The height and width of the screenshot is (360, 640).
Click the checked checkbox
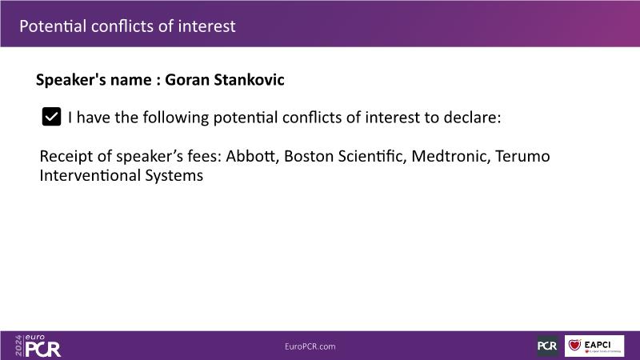(51, 117)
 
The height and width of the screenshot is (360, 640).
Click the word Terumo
(522, 156)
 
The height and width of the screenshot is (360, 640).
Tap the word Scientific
(372, 156)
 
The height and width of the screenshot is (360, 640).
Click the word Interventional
(90, 175)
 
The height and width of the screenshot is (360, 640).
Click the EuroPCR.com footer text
(310, 346)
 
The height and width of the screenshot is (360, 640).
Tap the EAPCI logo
(594, 346)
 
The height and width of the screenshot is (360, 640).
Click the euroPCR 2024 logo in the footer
(38, 346)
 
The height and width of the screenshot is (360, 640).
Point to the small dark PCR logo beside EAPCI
(547, 346)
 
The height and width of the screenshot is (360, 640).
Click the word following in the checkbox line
(175, 118)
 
